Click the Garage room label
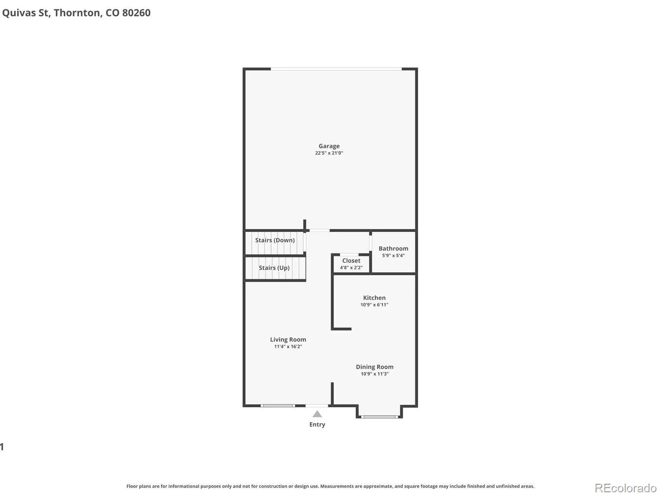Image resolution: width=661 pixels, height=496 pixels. coord(329,146)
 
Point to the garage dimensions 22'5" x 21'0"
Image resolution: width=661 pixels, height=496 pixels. coord(329,153)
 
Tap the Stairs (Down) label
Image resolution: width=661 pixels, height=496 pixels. coord(275,240)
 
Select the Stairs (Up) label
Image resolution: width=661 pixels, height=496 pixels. coord(274,268)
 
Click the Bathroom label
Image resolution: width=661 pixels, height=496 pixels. coord(393,248)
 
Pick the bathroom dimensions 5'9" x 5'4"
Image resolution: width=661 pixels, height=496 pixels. coord(393,255)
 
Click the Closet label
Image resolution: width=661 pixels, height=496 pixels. coord(351,261)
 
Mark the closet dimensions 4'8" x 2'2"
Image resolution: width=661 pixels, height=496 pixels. coord(351,267)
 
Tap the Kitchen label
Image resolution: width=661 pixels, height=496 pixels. coord(374,298)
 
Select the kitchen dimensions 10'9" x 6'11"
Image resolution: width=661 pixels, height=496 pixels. coord(374,305)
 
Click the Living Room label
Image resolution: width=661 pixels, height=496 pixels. coord(288,340)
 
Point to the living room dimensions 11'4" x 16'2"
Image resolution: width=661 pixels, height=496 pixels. coord(288,347)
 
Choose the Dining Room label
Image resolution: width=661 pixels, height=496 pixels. coord(375,367)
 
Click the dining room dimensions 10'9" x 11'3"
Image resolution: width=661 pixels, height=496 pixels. coord(375,374)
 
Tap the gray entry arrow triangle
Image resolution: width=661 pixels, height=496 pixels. coord(317,415)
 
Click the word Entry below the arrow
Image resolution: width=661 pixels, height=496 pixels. coord(317,424)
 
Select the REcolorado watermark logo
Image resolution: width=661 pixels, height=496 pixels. coord(626,488)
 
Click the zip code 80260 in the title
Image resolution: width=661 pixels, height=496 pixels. coord(136,13)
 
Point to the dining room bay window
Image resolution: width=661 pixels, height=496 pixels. coord(379,417)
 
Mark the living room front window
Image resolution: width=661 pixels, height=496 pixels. coord(278,406)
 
